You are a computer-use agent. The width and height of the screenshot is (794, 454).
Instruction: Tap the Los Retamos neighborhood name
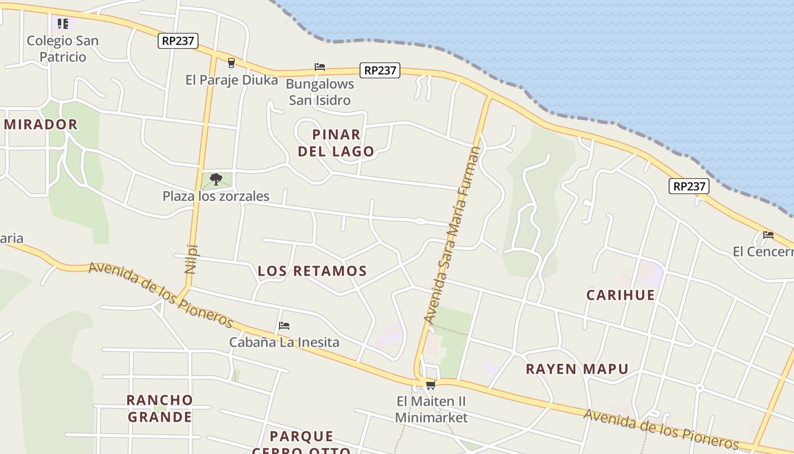tap(312, 271)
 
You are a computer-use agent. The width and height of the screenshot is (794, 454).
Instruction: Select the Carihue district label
tap(620, 295)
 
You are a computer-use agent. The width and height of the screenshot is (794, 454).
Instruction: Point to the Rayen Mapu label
tap(577, 369)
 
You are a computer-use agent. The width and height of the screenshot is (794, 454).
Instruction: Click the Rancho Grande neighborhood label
tap(159, 408)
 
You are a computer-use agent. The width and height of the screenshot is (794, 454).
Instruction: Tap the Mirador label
tap(40, 124)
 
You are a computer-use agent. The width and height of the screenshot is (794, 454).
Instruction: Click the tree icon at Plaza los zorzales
tap(216, 179)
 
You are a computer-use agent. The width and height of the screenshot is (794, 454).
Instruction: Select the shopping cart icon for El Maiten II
tap(430, 385)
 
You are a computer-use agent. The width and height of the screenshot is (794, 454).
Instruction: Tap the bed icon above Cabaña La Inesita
tap(284, 326)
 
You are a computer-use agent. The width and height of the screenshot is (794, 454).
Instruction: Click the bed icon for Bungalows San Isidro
tap(320, 67)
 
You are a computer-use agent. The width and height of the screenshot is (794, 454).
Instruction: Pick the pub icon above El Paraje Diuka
tap(231, 62)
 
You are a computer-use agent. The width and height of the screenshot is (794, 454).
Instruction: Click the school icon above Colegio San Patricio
tap(62, 24)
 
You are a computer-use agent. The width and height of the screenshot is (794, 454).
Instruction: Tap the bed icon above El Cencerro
tap(768, 234)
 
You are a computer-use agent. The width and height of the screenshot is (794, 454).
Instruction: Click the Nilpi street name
tap(191, 259)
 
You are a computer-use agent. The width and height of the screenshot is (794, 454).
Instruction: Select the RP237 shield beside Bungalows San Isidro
tap(379, 70)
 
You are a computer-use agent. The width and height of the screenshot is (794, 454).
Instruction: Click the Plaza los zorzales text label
tap(216, 196)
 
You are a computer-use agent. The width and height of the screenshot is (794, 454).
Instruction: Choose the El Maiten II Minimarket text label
tap(431, 409)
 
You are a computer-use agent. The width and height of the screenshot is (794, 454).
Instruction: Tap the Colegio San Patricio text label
tap(62, 49)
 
